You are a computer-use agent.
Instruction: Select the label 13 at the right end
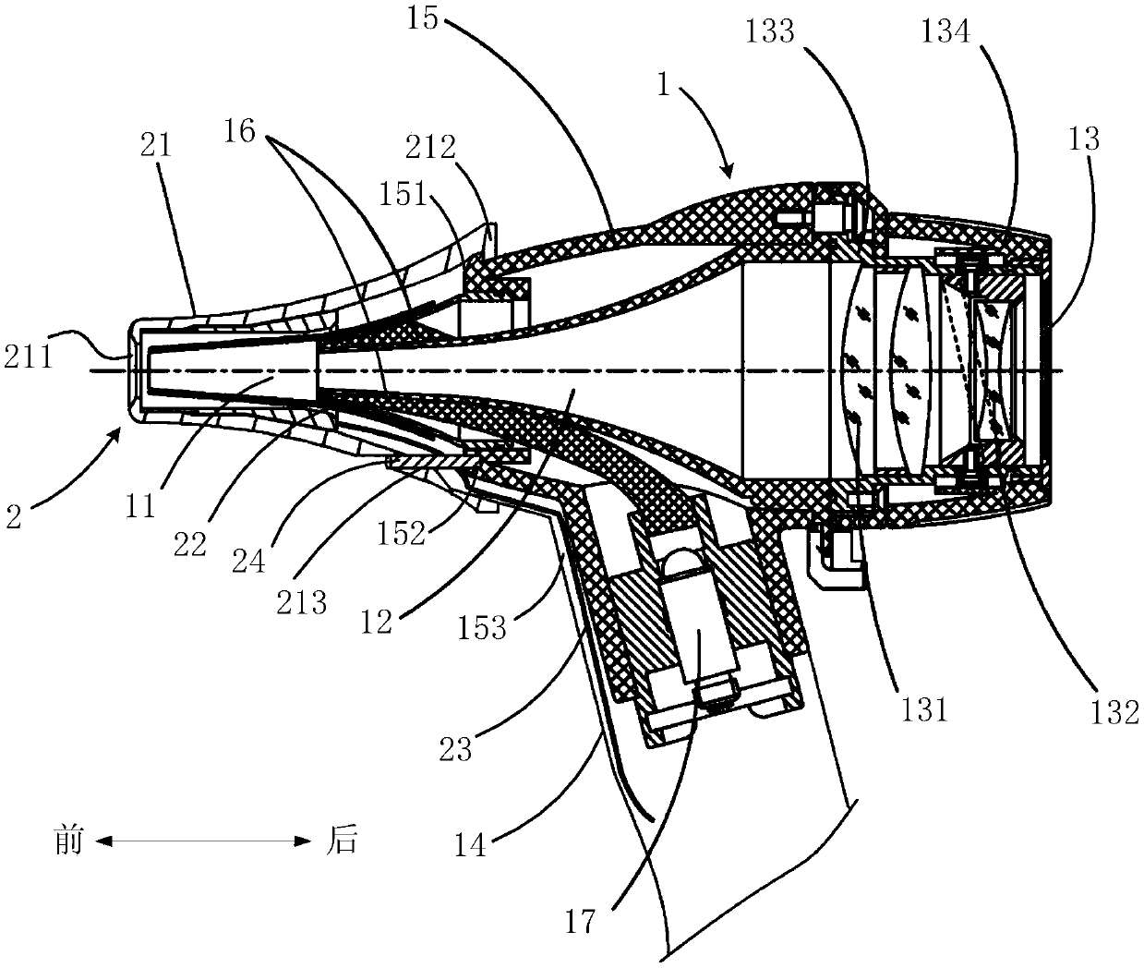[x=1085, y=139]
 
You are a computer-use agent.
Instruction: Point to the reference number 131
[x=925, y=708]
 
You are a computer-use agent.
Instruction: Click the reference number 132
[x=1110, y=710]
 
